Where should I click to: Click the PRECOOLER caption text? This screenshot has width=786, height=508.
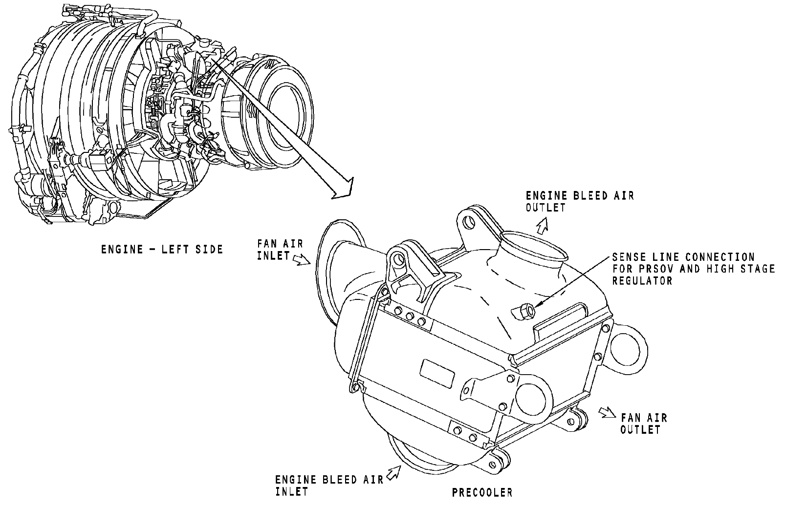(482, 492)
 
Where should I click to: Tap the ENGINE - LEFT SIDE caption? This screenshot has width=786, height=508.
(162, 250)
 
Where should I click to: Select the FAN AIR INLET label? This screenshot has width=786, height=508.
(280, 249)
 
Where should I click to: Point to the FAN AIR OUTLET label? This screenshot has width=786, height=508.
(644, 423)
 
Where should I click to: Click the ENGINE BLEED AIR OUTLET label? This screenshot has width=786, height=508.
(580, 202)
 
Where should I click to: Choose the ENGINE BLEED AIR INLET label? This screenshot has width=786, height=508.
(329, 486)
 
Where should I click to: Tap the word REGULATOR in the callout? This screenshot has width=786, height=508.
(642, 281)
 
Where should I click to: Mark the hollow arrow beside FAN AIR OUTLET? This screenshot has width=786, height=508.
(607, 412)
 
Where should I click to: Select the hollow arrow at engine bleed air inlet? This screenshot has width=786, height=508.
(393, 472)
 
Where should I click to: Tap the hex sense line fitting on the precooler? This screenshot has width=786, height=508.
(524, 311)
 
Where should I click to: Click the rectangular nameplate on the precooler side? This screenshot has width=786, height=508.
(437, 373)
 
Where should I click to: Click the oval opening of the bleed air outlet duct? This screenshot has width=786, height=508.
(533, 245)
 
